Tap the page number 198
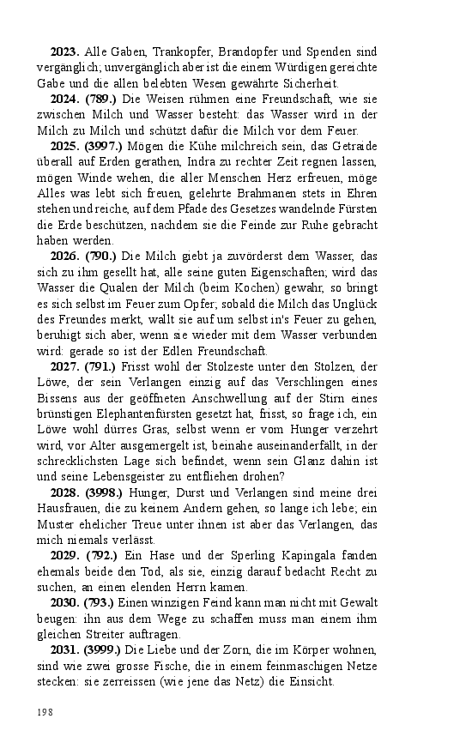tap(43, 711)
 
